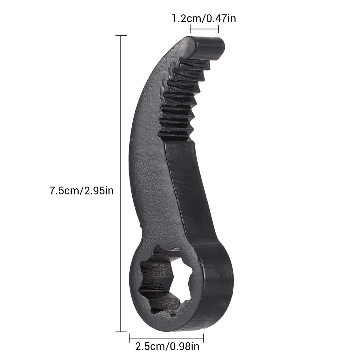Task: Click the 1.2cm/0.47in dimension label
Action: (x=203, y=19)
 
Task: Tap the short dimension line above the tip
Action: (x=204, y=29)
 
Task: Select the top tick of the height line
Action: (x=121, y=35)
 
